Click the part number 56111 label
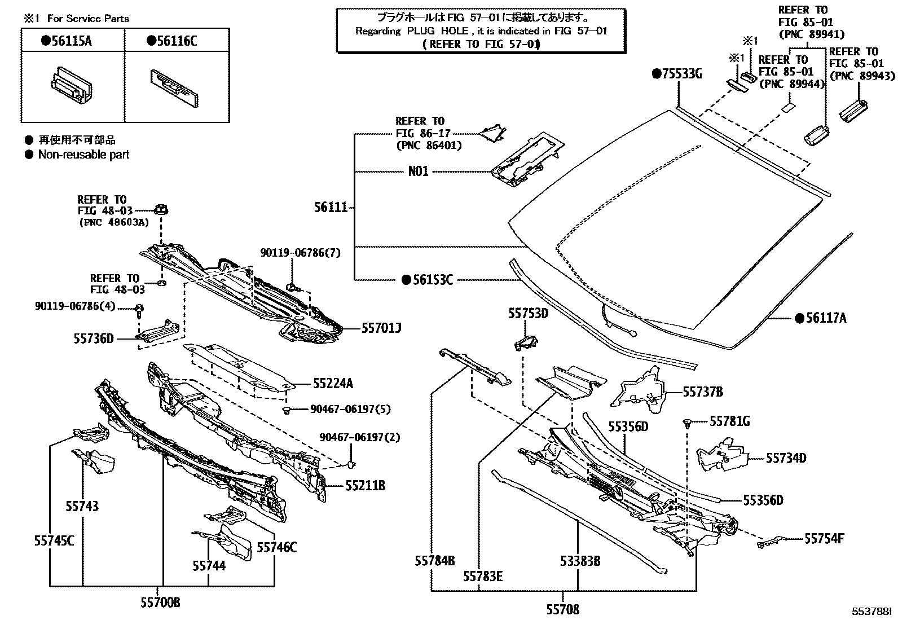pyautogui.click(x=331, y=208)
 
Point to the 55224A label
pyautogui.click(x=333, y=384)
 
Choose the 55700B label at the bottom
pyautogui.click(x=160, y=603)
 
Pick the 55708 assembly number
pyautogui.click(x=562, y=609)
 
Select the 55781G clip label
pyautogui.click(x=729, y=421)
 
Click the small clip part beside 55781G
pyautogui.click(x=688, y=423)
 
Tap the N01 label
pyautogui.click(x=418, y=172)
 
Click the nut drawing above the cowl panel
pyautogui.click(x=162, y=210)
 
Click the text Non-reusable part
pyautogui.click(x=83, y=155)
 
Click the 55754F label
pyautogui.click(x=824, y=539)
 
